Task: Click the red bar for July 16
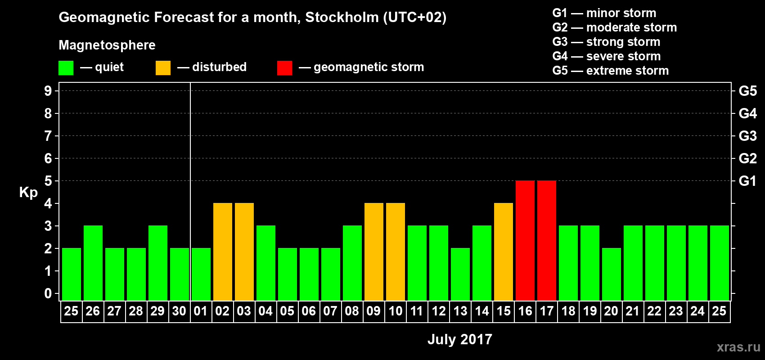tap(525, 240)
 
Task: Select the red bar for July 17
tap(547, 240)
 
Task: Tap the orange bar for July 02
tap(223, 252)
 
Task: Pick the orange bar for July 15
tap(504, 252)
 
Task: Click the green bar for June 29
tap(158, 263)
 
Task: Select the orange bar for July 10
tap(396, 252)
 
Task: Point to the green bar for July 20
tap(612, 274)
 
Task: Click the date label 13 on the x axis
tap(460, 311)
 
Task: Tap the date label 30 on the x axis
tap(179, 311)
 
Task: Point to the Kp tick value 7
tap(48, 136)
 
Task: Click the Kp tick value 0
tap(48, 293)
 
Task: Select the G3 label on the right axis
tap(747, 136)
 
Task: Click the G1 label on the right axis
tap(747, 181)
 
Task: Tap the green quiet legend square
tap(66, 68)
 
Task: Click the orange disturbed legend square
tap(163, 68)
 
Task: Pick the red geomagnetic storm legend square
tap(284, 68)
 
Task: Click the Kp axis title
tap(28, 193)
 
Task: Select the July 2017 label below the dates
tap(459, 339)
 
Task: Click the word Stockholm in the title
tap(342, 18)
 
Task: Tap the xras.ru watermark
tap(738, 347)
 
